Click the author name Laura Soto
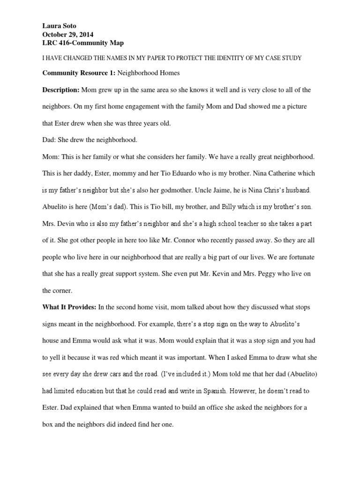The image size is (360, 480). click(x=59, y=26)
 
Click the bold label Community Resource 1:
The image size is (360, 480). click(x=78, y=73)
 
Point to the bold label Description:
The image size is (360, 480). click(x=61, y=90)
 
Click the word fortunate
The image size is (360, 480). click(x=297, y=257)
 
